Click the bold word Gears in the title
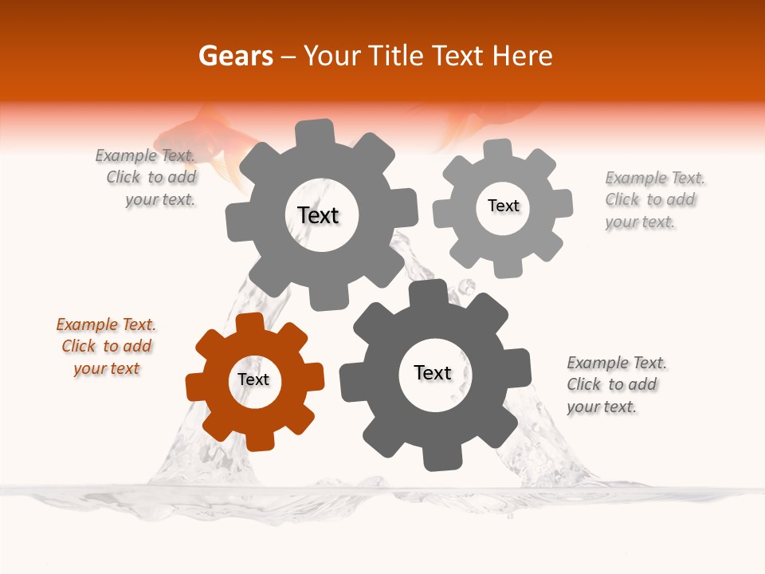point(235,56)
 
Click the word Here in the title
point(521,56)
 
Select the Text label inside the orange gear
point(253,380)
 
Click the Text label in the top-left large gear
point(318,215)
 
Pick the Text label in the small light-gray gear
point(503,206)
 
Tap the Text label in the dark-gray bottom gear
point(433,373)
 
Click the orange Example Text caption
point(106,347)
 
